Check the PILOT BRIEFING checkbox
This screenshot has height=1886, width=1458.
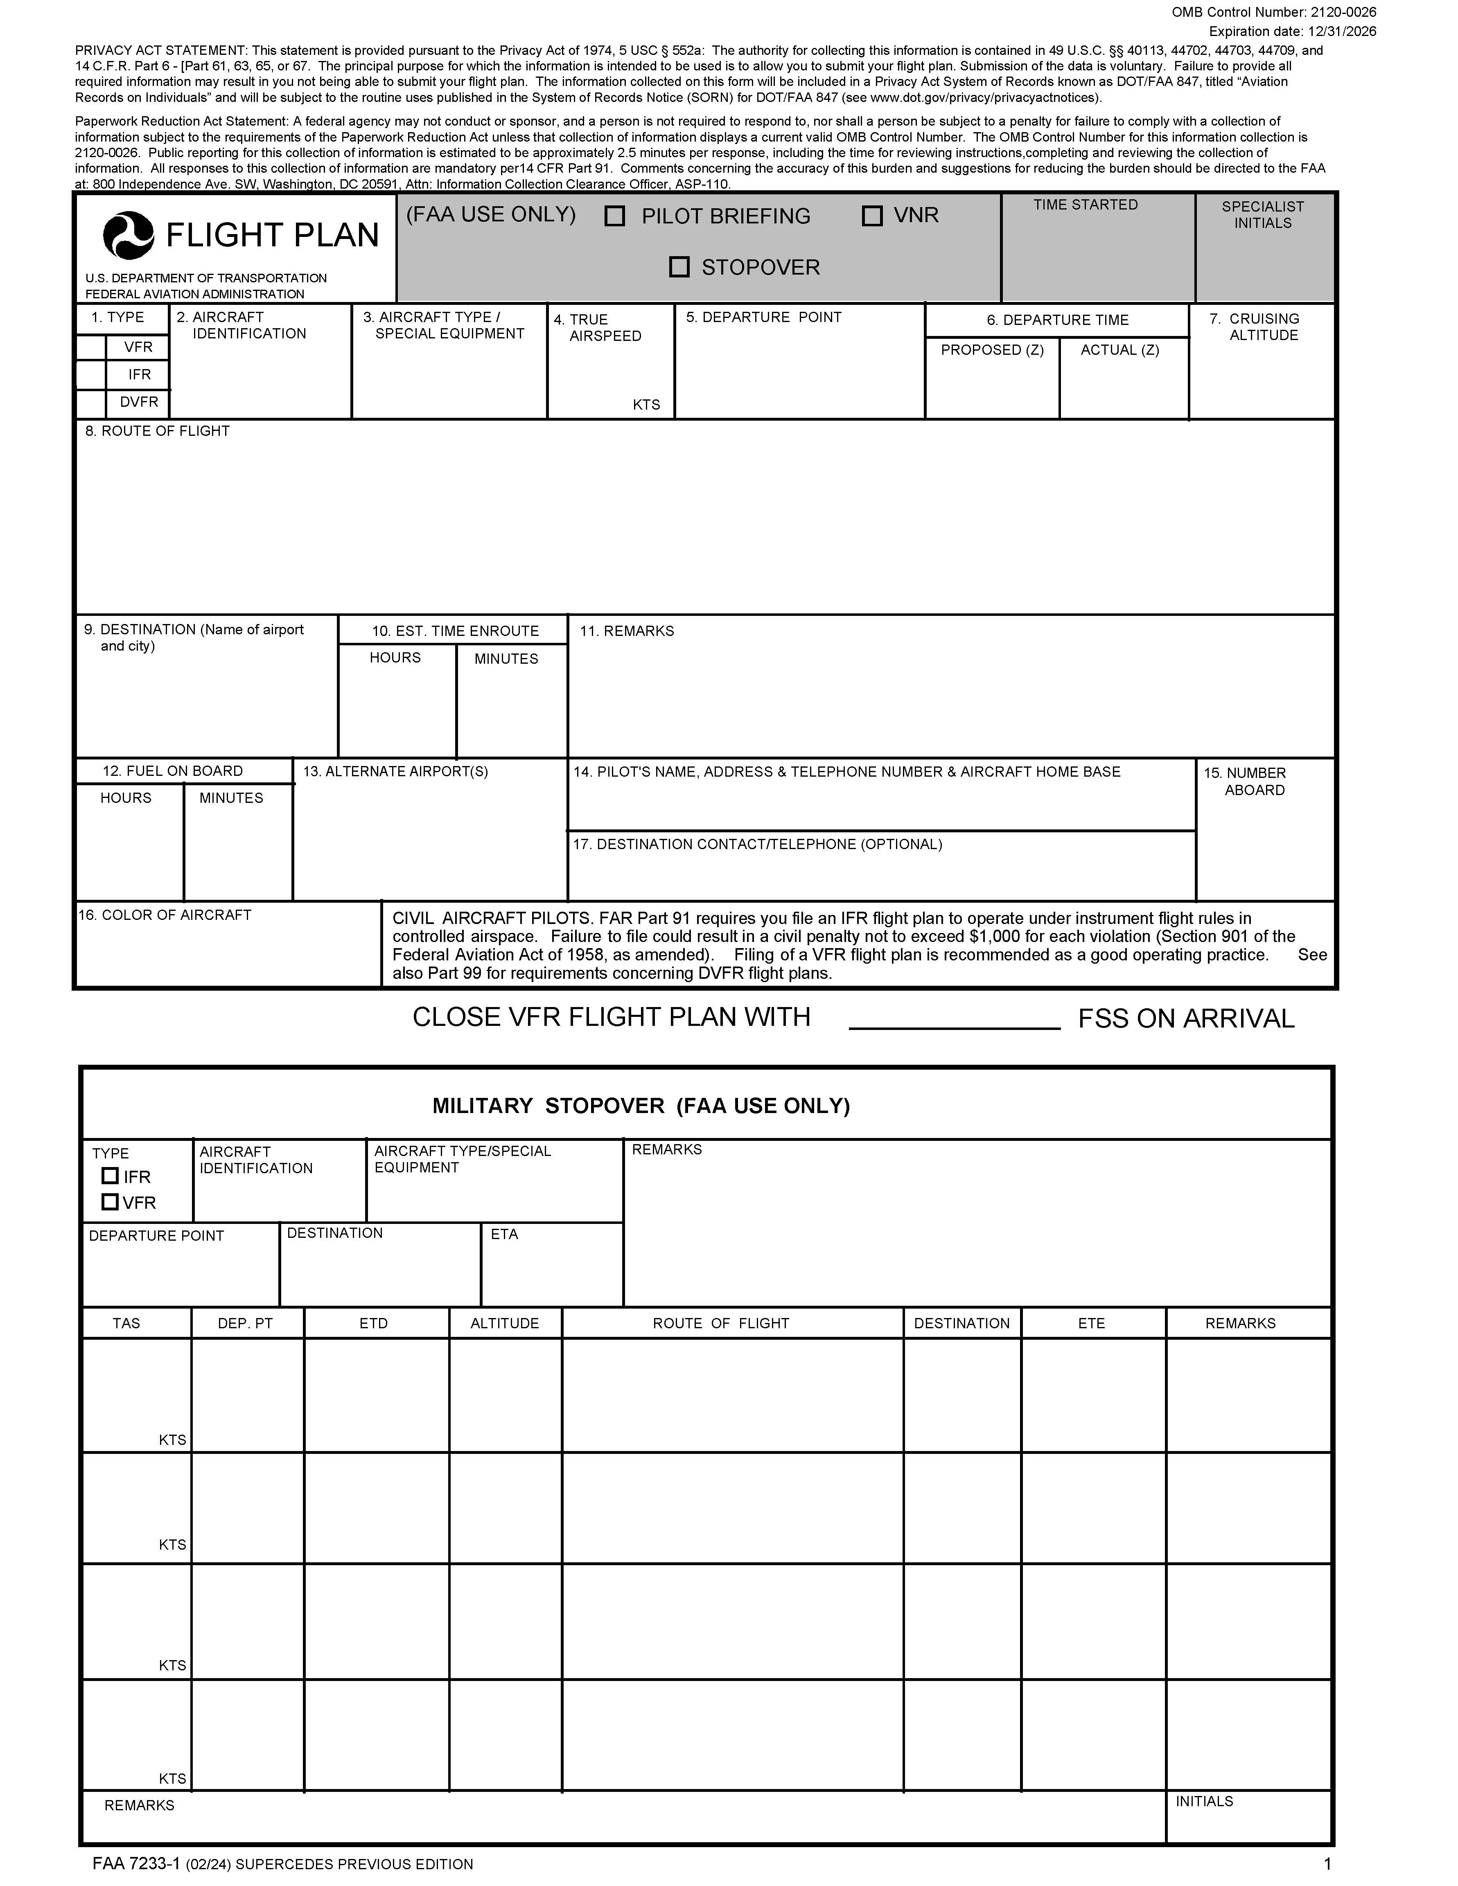click(615, 216)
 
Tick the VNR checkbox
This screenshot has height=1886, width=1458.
click(872, 216)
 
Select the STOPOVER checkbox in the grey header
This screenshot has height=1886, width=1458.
click(680, 267)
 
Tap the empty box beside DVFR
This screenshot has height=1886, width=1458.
click(91, 402)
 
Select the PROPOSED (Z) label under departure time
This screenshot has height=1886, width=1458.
click(991, 350)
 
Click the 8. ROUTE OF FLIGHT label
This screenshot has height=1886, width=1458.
click(157, 431)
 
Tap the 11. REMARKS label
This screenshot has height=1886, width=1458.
click(626, 631)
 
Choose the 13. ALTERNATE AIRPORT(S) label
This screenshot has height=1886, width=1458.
click(395, 771)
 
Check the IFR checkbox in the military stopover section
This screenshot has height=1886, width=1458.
click(110, 1175)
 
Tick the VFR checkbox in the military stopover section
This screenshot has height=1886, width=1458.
click(110, 1201)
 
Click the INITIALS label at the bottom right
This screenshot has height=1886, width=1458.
click(1204, 1801)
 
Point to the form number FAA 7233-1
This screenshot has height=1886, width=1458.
click(135, 1863)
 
